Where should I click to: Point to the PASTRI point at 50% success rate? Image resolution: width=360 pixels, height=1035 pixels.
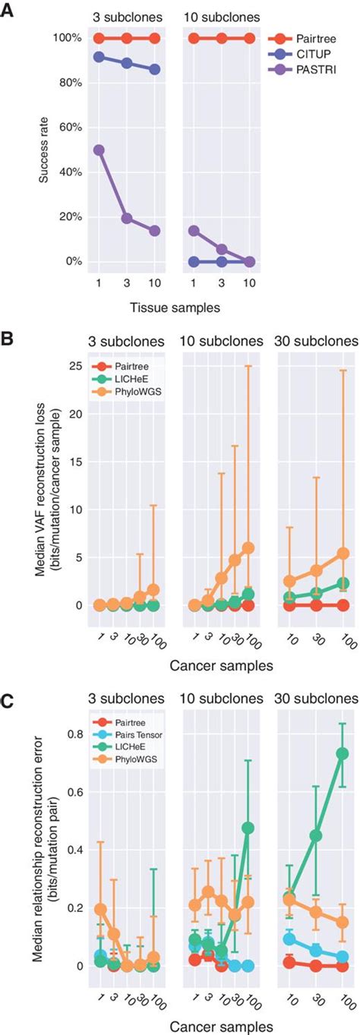[98, 150]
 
